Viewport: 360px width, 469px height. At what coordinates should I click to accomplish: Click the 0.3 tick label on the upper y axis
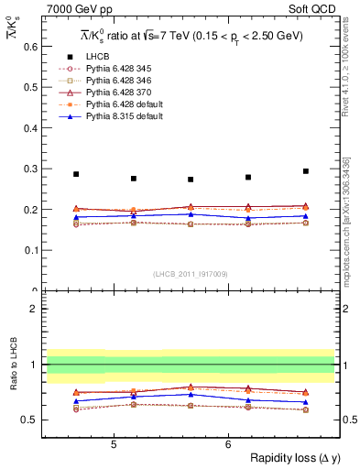click(x=28, y=169)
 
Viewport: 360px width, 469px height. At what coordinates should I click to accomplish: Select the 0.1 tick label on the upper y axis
click(x=28, y=250)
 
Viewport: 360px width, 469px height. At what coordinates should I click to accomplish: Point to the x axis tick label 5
click(x=113, y=445)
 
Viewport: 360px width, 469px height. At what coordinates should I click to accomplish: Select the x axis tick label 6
click(x=227, y=445)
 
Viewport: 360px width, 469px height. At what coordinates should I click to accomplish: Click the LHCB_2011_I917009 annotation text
click(x=191, y=274)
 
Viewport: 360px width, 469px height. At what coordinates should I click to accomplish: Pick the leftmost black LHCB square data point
click(x=76, y=174)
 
